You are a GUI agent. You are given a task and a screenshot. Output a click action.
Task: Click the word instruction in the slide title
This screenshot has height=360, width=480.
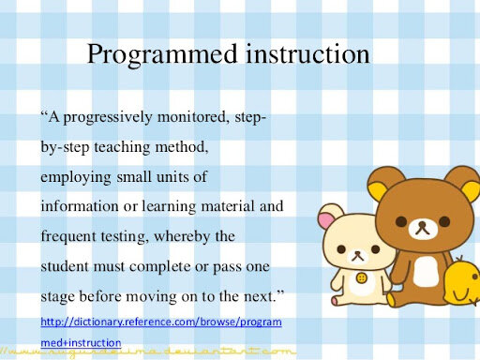305,54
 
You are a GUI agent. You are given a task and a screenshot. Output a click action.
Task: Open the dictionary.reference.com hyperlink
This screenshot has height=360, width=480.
160,322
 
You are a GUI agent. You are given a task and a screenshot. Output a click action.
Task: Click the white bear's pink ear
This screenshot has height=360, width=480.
326,221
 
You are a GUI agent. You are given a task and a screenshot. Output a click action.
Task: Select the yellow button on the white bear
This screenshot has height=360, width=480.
362,278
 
